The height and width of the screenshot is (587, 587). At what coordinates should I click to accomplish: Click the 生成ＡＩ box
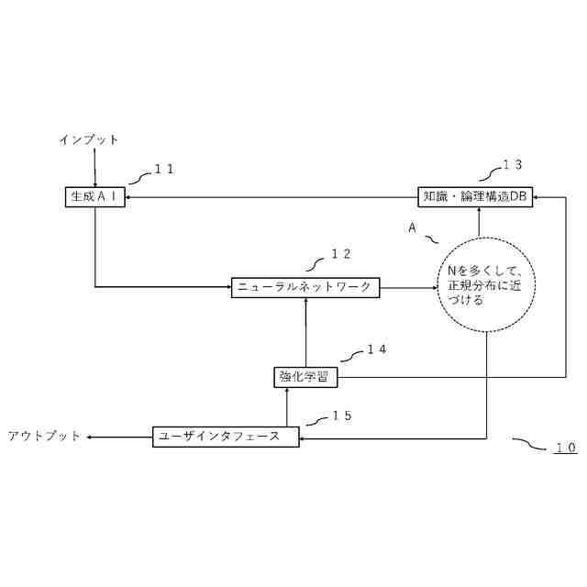[95, 196]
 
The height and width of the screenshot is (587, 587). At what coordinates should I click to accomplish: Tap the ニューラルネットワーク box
[305, 287]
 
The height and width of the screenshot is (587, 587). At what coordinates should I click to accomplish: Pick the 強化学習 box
[305, 376]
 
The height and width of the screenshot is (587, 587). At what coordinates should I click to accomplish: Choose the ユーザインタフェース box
[226, 437]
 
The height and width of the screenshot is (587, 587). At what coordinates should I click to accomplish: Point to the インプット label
[89, 139]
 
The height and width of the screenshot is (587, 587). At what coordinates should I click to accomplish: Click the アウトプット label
[44, 437]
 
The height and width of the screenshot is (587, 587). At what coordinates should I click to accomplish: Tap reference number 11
[164, 169]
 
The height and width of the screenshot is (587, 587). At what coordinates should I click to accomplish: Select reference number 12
[340, 253]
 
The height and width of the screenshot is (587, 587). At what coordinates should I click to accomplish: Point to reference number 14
[376, 349]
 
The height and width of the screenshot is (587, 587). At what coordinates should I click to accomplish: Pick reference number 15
[341, 415]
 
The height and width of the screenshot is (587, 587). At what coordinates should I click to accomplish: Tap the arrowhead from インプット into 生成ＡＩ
[95, 183]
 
